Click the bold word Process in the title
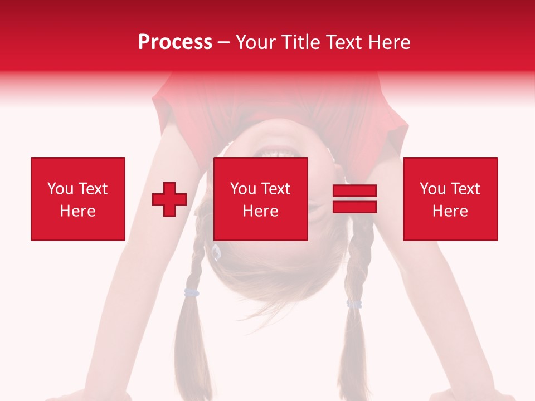coord(175,42)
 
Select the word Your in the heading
coord(256,42)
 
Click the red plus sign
coord(169,199)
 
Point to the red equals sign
coord(354,199)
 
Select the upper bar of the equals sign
coord(354,191)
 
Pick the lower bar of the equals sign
coord(354,207)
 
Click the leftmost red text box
coord(77,199)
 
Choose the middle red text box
coord(260,199)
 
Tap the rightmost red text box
coord(450,199)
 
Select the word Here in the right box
coord(450,211)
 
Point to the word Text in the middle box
coord(276,189)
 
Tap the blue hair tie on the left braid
coord(192,292)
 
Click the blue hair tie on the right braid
coord(354,304)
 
